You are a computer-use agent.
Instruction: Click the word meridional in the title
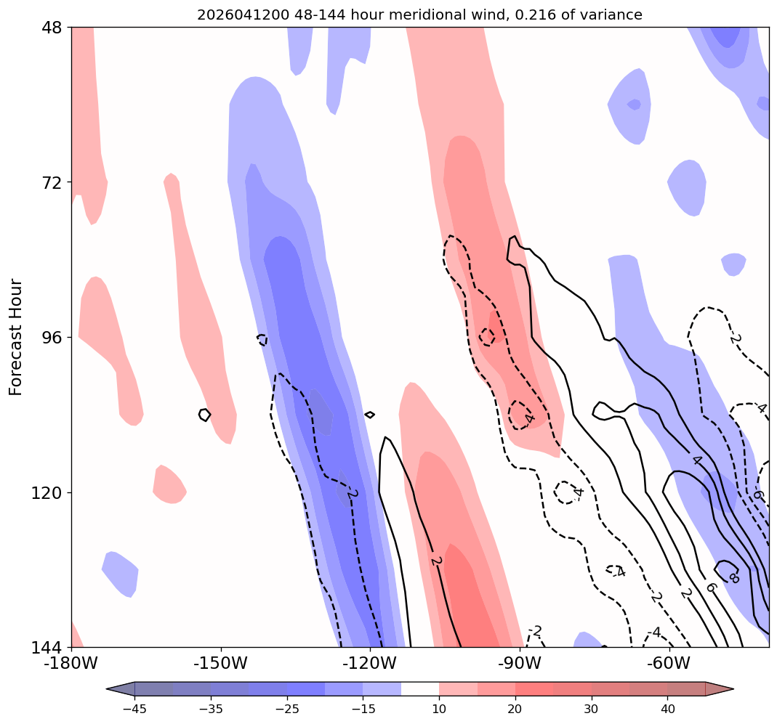421,15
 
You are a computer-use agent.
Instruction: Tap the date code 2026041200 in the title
243,15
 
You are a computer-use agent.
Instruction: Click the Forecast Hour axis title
16,337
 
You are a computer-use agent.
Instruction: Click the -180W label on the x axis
71,662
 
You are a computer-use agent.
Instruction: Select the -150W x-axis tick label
221,662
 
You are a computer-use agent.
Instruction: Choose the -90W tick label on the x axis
520,662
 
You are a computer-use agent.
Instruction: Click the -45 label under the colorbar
134,709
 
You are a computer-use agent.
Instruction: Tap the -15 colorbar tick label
363,709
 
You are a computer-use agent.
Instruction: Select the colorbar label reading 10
439,709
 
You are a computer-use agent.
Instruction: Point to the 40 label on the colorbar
667,709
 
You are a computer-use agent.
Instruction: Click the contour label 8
734,577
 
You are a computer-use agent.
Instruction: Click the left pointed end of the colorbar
107,689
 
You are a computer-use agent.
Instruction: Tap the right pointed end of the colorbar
733,689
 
